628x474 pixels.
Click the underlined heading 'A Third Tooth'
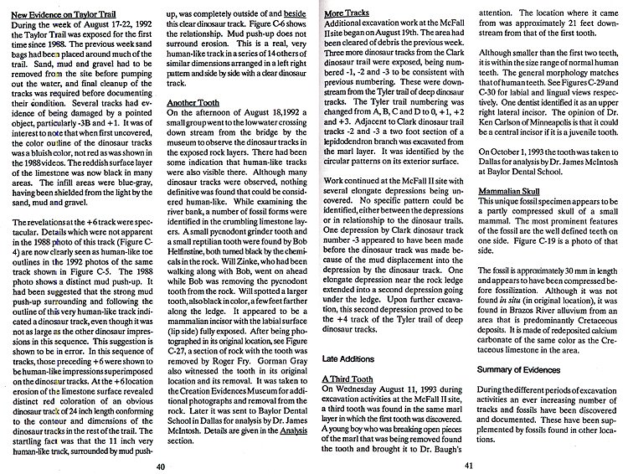(x=349, y=356)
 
